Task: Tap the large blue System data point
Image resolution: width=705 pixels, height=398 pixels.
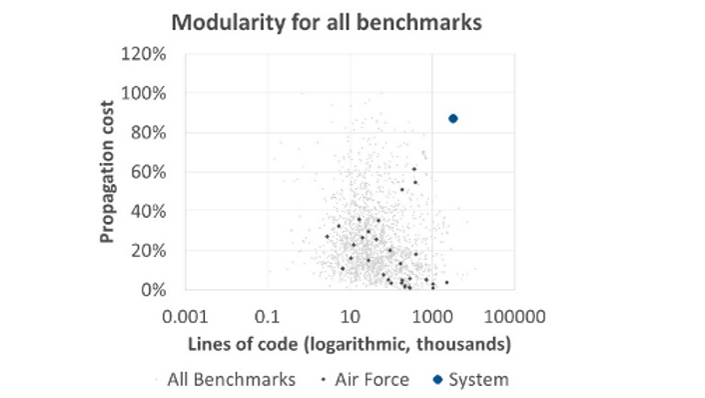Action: coord(453,119)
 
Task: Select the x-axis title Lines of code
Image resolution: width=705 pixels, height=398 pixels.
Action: coord(350,345)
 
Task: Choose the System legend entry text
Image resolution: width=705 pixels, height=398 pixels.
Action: coord(477,379)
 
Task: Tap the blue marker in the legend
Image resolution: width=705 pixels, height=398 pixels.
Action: coord(437,380)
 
